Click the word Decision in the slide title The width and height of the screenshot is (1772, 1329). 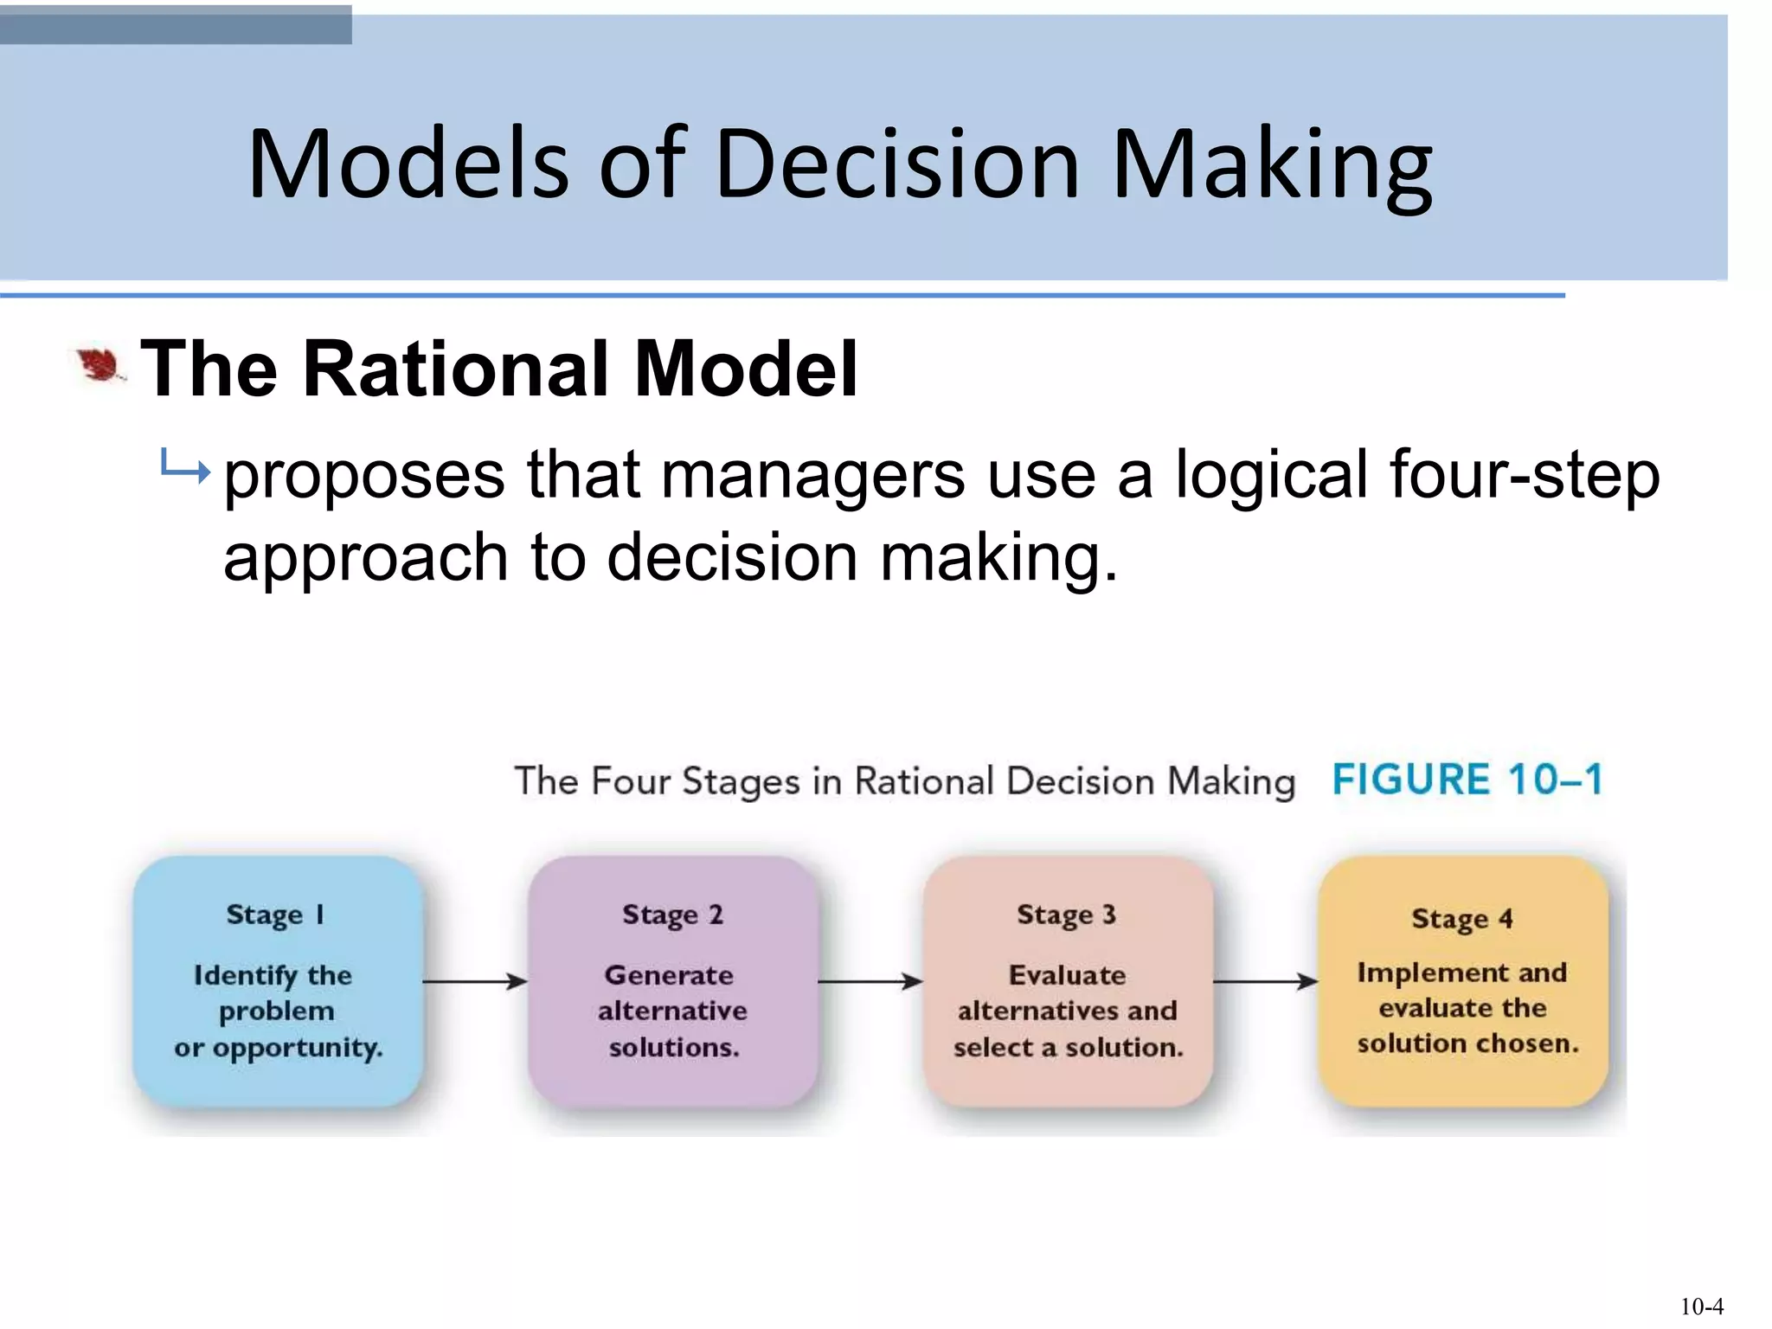pos(897,164)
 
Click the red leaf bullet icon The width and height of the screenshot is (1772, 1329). pos(99,366)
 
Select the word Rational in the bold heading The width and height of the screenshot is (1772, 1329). pos(460,369)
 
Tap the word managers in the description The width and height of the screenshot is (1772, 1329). pos(812,476)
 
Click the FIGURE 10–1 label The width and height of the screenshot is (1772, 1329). pos(1467,780)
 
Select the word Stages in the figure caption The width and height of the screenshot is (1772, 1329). pos(741,782)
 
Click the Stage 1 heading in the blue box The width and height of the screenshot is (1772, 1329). pos(275,915)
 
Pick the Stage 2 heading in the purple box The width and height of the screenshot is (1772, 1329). pos(672,915)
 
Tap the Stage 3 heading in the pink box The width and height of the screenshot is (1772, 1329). pos(1066,915)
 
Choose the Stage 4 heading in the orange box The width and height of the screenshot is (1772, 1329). pos(1461,919)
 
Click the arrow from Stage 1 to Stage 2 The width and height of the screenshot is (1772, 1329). pos(475,981)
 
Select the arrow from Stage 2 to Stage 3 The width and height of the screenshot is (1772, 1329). pos(870,981)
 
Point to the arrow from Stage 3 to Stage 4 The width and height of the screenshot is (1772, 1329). pos(1265,981)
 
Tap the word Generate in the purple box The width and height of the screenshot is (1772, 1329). pos(669,975)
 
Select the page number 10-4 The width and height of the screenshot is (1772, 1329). pos(1701,1306)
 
